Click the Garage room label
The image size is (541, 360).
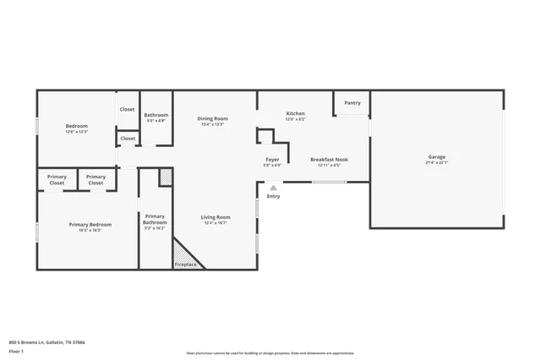click(436, 156)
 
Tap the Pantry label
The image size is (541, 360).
click(352, 103)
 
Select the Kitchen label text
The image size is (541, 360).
click(295, 113)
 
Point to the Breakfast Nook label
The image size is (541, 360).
click(329, 159)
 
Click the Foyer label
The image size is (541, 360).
click(272, 159)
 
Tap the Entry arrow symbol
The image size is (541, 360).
click(273, 188)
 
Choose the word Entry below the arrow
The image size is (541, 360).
click(273, 196)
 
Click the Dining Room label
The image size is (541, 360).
click(212, 118)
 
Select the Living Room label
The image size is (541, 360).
click(216, 217)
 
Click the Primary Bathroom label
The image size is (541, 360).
click(155, 219)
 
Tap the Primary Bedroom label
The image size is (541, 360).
click(90, 224)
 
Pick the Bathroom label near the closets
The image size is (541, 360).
click(156, 115)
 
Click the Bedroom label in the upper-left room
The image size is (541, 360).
click(77, 126)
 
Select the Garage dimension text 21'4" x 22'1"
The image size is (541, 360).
click(436, 162)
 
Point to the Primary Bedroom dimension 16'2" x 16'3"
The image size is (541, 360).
click(90, 230)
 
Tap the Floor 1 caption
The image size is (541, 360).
click(17, 351)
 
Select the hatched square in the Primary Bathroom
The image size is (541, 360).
click(166, 177)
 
